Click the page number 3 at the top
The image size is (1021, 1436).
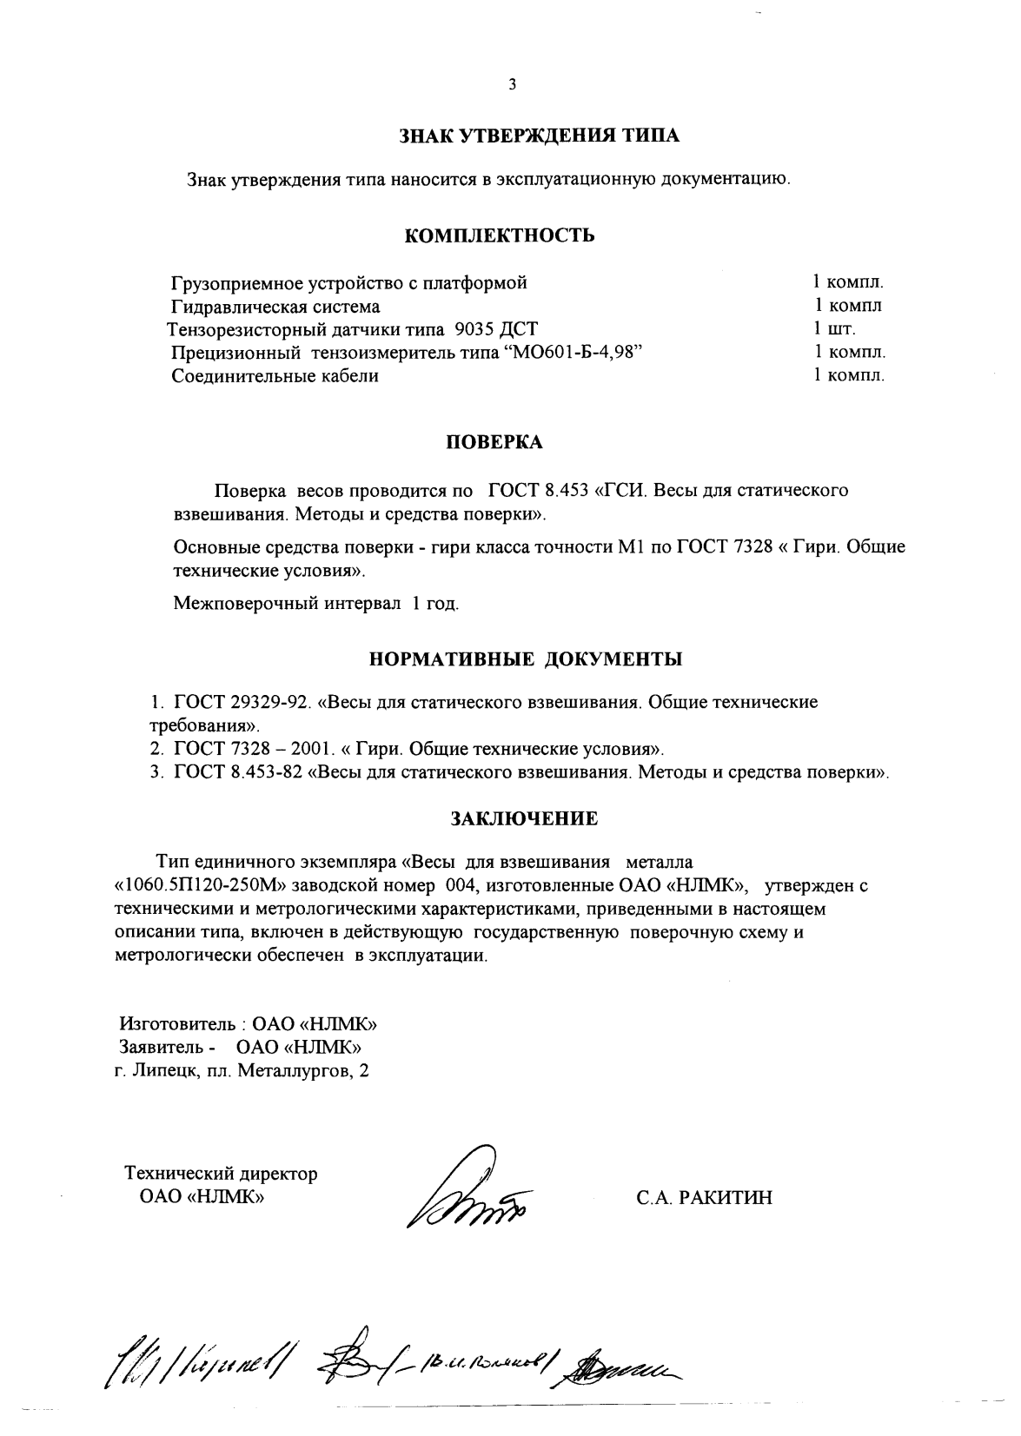click(512, 84)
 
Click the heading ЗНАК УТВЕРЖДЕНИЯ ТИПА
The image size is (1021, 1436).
click(539, 136)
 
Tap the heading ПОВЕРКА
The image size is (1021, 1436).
click(494, 443)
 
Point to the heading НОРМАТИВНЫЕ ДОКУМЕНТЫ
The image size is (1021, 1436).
click(526, 659)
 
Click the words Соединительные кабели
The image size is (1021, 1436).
click(275, 376)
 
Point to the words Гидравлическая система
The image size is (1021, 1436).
click(275, 307)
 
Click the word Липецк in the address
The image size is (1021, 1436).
click(165, 1071)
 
